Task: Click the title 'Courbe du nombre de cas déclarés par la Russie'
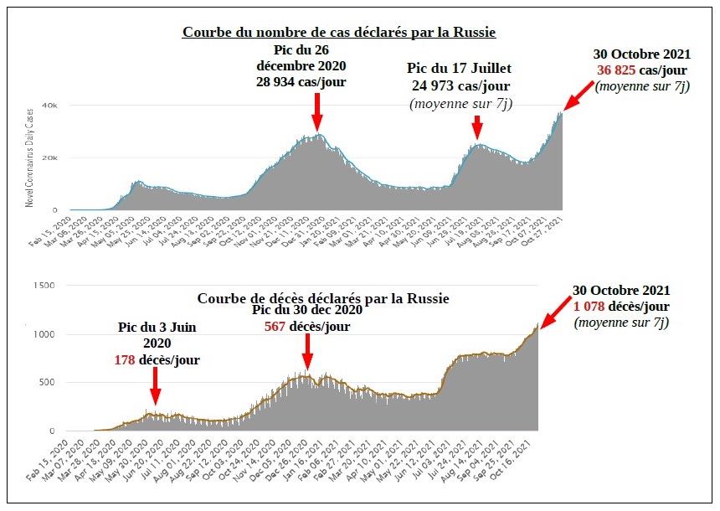pyautogui.click(x=340, y=33)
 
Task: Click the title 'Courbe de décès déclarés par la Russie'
pyautogui.click(x=323, y=298)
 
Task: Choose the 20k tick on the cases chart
pyautogui.click(x=49, y=157)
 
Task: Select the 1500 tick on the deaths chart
pyautogui.click(x=43, y=286)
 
